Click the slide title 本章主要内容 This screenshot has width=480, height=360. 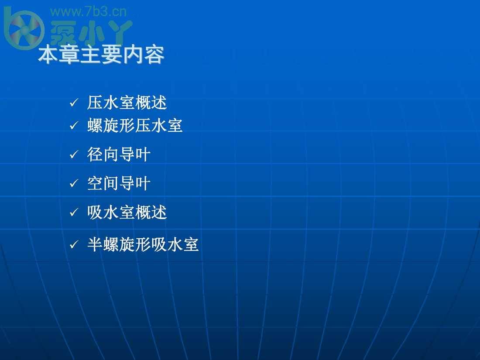101,55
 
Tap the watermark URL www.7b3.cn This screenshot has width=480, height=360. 88,12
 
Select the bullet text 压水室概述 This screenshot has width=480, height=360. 127,103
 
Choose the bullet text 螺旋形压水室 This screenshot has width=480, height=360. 135,126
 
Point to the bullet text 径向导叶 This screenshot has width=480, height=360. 119,154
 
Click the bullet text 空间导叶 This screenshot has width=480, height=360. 119,183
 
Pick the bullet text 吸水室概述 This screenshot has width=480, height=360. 127,212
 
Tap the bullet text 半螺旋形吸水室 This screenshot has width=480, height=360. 143,245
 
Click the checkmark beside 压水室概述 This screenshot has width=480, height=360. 74,103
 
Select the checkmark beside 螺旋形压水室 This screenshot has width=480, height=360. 74,125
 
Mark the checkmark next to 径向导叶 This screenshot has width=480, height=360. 74,154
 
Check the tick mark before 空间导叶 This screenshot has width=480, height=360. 74,183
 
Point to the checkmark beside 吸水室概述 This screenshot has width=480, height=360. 74,212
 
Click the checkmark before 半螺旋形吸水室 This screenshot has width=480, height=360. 74,244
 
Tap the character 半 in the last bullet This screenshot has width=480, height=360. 95,245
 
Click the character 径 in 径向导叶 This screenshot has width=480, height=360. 95,154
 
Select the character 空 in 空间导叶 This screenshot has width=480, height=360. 95,183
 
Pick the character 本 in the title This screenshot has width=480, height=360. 48,55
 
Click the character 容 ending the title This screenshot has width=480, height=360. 154,55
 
